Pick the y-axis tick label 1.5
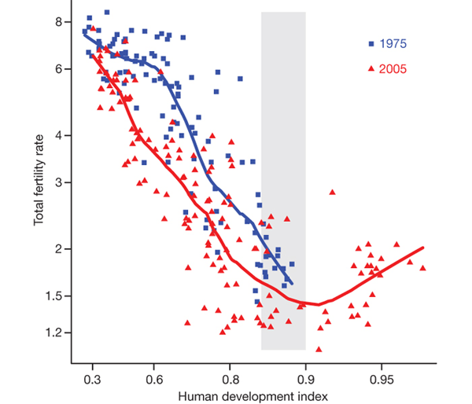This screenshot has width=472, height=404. click(x=54, y=296)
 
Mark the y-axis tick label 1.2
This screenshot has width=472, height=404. click(x=54, y=332)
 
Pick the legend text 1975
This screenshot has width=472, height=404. click(x=393, y=43)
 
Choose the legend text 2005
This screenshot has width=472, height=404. click(x=393, y=69)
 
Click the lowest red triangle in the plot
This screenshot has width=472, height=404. click(x=319, y=349)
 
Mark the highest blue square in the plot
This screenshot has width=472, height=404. click(x=106, y=13)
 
